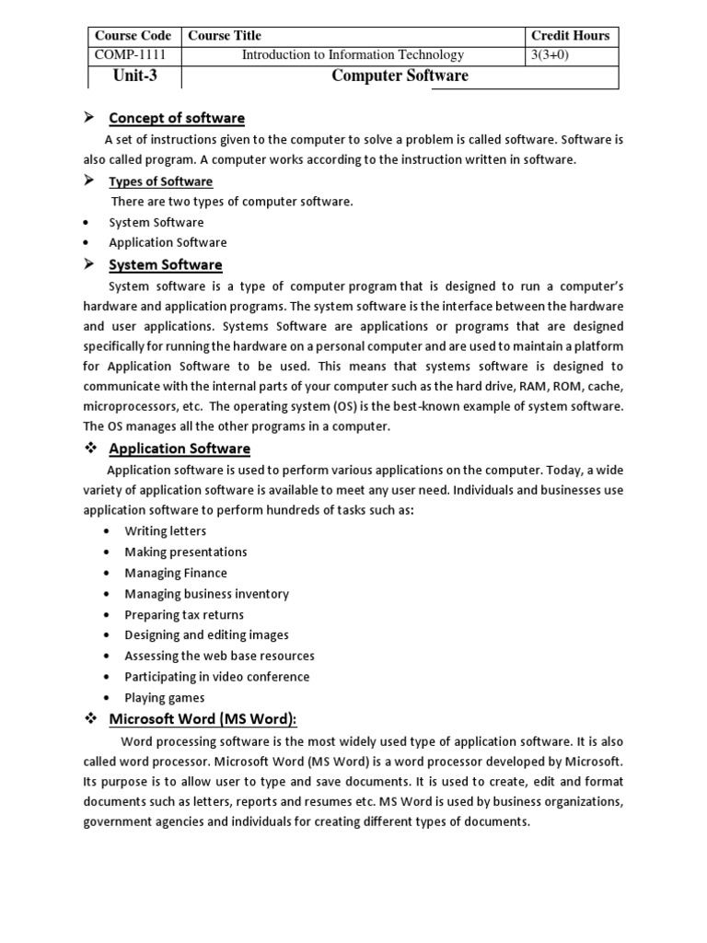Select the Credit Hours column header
tap(570, 36)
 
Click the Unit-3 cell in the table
tap(134, 76)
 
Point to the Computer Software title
tap(400, 76)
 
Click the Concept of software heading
tap(177, 118)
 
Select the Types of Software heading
tap(160, 181)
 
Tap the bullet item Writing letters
tap(166, 531)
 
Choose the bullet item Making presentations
tap(186, 552)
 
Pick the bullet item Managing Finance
tap(176, 573)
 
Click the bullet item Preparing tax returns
tap(184, 614)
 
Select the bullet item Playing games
tap(165, 698)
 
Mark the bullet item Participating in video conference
tap(217, 677)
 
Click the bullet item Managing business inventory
tap(206, 594)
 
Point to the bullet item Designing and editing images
tap(206, 635)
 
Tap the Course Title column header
tap(225, 36)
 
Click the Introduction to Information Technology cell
tap(353, 55)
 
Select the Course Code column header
tap(134, 36)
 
